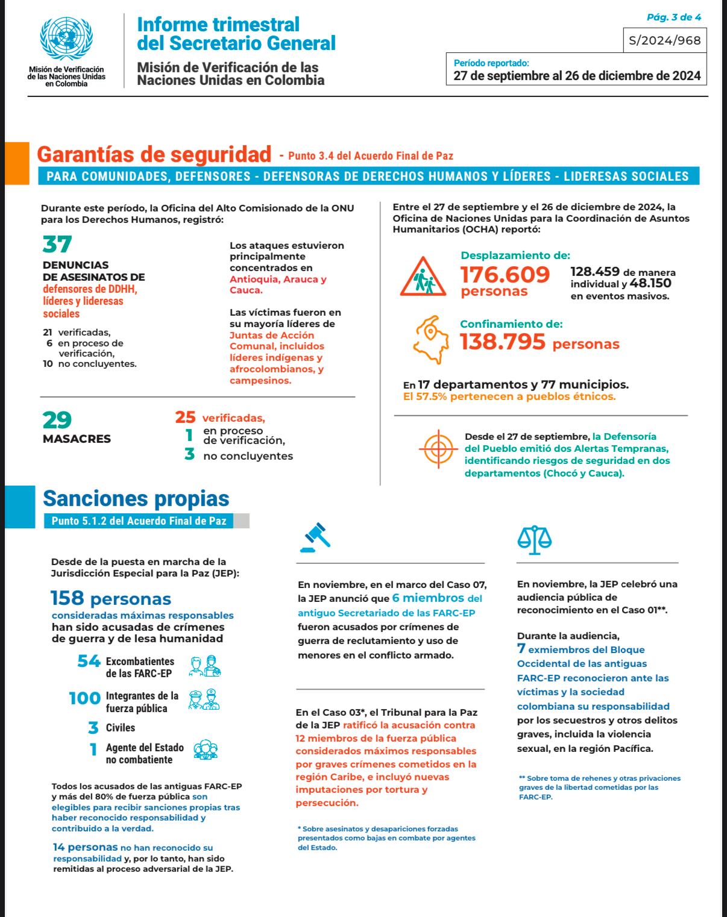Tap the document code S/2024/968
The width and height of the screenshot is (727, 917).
[x=664, y=40]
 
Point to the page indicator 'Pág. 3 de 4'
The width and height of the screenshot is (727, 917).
[x=673, y=17]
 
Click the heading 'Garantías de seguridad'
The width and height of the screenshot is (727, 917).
[x=154, y=154]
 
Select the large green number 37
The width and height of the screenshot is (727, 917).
[x=57, y=245]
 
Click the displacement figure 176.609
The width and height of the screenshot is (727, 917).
[x=505, y=275]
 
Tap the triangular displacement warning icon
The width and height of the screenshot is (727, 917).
[x=423, y=277]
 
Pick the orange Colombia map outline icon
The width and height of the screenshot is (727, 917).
[x=431, y=339]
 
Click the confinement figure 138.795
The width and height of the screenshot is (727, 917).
[x=503, y=342]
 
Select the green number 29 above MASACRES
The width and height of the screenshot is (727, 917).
[x=57, y=420]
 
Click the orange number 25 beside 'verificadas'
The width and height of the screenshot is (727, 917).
[x=186, y=417]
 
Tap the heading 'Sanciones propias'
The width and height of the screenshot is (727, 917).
[x=136, y=498]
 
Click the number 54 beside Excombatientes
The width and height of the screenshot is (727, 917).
[x=89, y=661]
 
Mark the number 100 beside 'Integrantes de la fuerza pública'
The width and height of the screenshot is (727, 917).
[x=85, y=698]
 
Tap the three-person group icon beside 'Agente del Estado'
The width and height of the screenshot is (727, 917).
[x=206, y=750]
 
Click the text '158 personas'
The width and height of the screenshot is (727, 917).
[x=111, y=599]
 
